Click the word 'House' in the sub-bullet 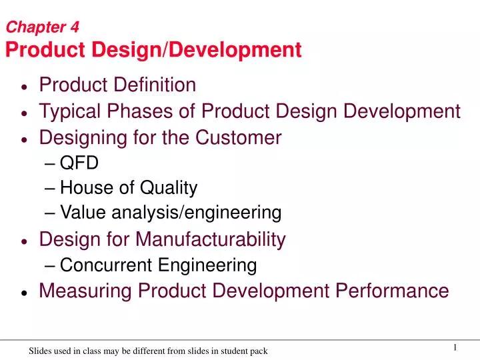point(84,189)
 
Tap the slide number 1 point(455,347)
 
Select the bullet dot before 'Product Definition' point(25,87)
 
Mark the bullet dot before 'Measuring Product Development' point(25,292)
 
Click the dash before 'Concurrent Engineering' point(53,265)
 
